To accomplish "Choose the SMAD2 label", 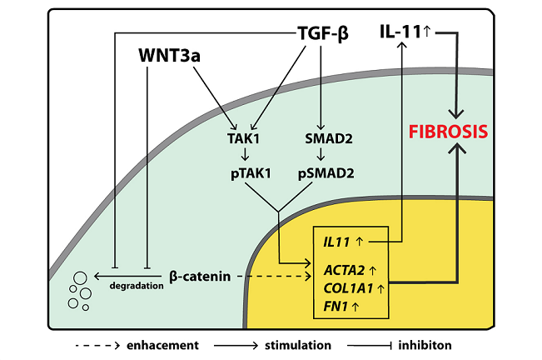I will [x=321, y=138].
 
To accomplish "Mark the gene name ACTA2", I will [x=341, y=270].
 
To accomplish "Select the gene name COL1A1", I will [x=346, y=288].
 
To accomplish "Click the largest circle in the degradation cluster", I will [x=82, y=278].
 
